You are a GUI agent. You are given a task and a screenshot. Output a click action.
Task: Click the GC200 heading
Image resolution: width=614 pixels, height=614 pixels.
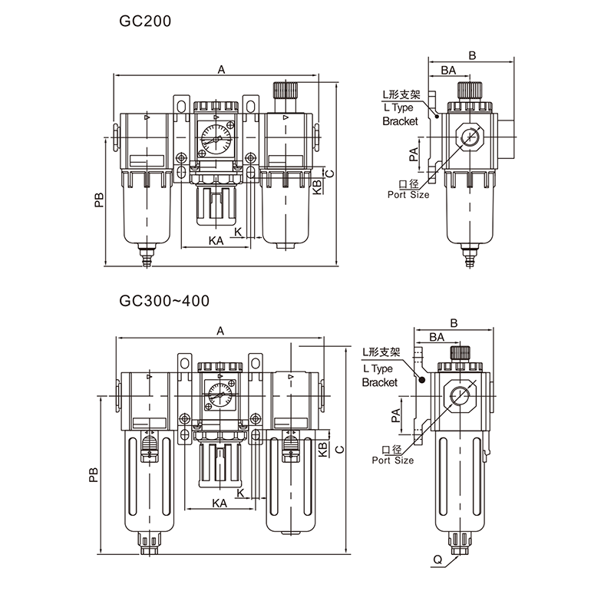pos(145,21)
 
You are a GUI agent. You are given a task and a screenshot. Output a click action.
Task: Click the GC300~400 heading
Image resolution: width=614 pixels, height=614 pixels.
pos(164,301)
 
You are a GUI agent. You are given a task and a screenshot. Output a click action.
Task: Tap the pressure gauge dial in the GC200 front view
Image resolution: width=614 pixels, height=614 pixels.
pos(216,138)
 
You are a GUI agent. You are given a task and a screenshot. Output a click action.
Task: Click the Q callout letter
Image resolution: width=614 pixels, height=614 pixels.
pos(437,560)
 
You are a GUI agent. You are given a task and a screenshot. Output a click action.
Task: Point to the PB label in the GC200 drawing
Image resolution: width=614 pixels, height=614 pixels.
pos(99,200)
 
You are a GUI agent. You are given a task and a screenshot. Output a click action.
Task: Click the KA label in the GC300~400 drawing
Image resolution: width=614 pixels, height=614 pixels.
pos(220,503)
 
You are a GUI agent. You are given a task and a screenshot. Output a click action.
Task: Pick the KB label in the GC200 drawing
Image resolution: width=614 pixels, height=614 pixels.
pos(317,187)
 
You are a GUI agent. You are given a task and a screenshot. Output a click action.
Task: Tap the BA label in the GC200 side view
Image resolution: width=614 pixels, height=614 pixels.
pos(448,70)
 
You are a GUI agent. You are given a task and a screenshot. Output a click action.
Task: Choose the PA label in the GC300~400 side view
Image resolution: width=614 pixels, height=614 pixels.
pos(396,415)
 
